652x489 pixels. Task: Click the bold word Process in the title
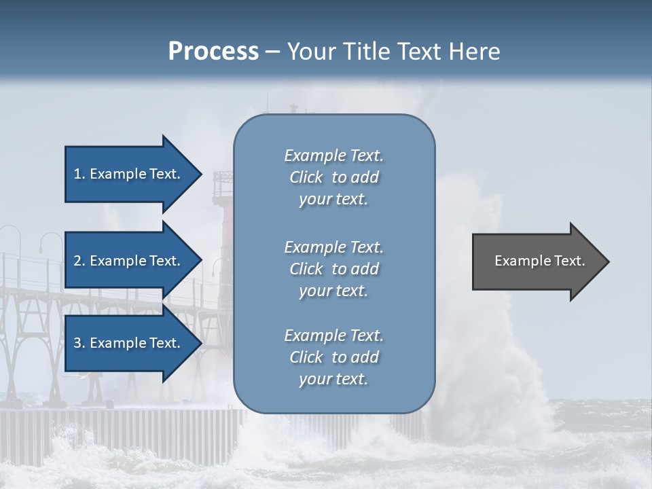(x=213, y=52)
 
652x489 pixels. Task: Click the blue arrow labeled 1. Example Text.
(x=129, y=174)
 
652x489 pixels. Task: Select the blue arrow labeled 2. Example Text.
(x=129, y=261)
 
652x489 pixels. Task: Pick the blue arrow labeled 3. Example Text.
(x=129, y=343)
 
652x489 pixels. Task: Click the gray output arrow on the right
(x=537, y=261)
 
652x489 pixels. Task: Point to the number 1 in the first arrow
(x=77, y=174)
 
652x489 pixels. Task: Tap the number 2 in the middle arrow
(x=78, y=261)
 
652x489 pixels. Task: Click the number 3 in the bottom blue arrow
(x=78, y=343)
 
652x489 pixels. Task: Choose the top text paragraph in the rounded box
(x=333, y=177)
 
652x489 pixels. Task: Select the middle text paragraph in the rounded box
(x=333, y=269)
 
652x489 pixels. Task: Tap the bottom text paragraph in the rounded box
(x=333, y=357)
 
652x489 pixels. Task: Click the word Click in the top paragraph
(x=306, y=177)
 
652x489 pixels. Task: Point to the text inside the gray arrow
(x=539, y=261)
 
